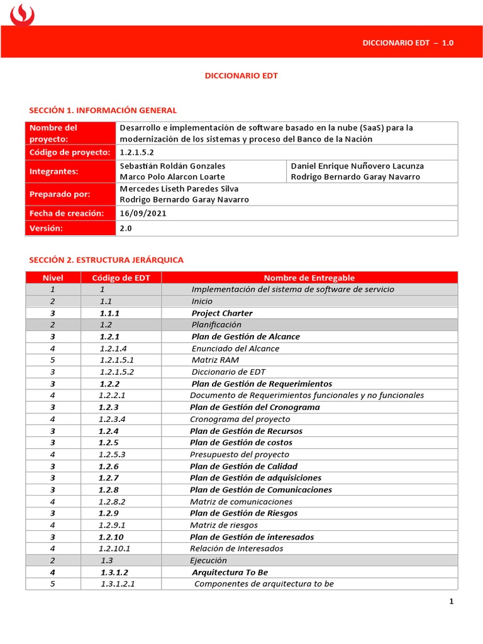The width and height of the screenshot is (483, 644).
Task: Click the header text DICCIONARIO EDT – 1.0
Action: point(408,43)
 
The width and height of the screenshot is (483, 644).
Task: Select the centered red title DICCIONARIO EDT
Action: point(241,75)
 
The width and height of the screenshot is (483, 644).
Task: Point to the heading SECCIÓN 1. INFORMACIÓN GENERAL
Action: point(103,110)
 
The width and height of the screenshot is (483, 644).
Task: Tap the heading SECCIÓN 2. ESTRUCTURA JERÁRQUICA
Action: point(106,260)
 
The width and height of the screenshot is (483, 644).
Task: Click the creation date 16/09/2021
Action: point(143,213)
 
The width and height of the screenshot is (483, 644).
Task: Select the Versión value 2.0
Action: point(126,228)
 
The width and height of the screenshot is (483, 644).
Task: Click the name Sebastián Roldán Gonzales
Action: point(172,166)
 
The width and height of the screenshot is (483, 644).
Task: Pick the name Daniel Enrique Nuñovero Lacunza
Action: point(357,166)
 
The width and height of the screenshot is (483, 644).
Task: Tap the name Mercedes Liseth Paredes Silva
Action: point(179,189)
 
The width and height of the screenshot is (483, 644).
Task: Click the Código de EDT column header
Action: point(121,277)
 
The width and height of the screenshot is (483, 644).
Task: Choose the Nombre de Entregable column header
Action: point(309,277)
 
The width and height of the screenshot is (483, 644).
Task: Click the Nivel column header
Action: point(53,277)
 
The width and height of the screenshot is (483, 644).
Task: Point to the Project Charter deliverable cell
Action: point(222,313)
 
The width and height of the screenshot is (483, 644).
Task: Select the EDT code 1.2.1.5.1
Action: point(117,360)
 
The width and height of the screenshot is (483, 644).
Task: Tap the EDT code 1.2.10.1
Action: point(114,548)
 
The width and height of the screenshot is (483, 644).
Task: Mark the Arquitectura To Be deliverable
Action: point(230,572)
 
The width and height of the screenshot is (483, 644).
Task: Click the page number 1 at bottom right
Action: point(451,601)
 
